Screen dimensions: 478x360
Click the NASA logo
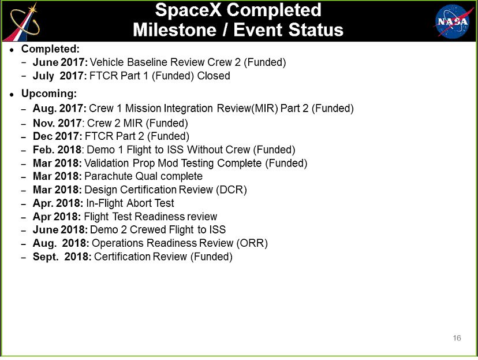[452, 21]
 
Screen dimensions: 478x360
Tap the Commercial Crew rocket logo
[23, 22]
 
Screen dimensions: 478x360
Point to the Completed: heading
[50, 49]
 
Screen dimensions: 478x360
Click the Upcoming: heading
[48, 94]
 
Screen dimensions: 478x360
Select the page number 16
[457, 337]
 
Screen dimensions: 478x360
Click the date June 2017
[60, 62]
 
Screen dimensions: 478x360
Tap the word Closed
[214, 76]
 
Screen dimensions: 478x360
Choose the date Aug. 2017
[59, 108]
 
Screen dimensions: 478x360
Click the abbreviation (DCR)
[231, 190]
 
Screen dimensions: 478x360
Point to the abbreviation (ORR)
[252, 243]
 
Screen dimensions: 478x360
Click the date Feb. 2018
[57, 150]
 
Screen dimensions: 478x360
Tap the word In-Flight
[104, 203]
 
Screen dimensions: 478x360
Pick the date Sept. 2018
[62, 257]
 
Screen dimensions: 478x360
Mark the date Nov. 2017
[57, 123]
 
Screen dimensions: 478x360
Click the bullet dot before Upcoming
[12, 95]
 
